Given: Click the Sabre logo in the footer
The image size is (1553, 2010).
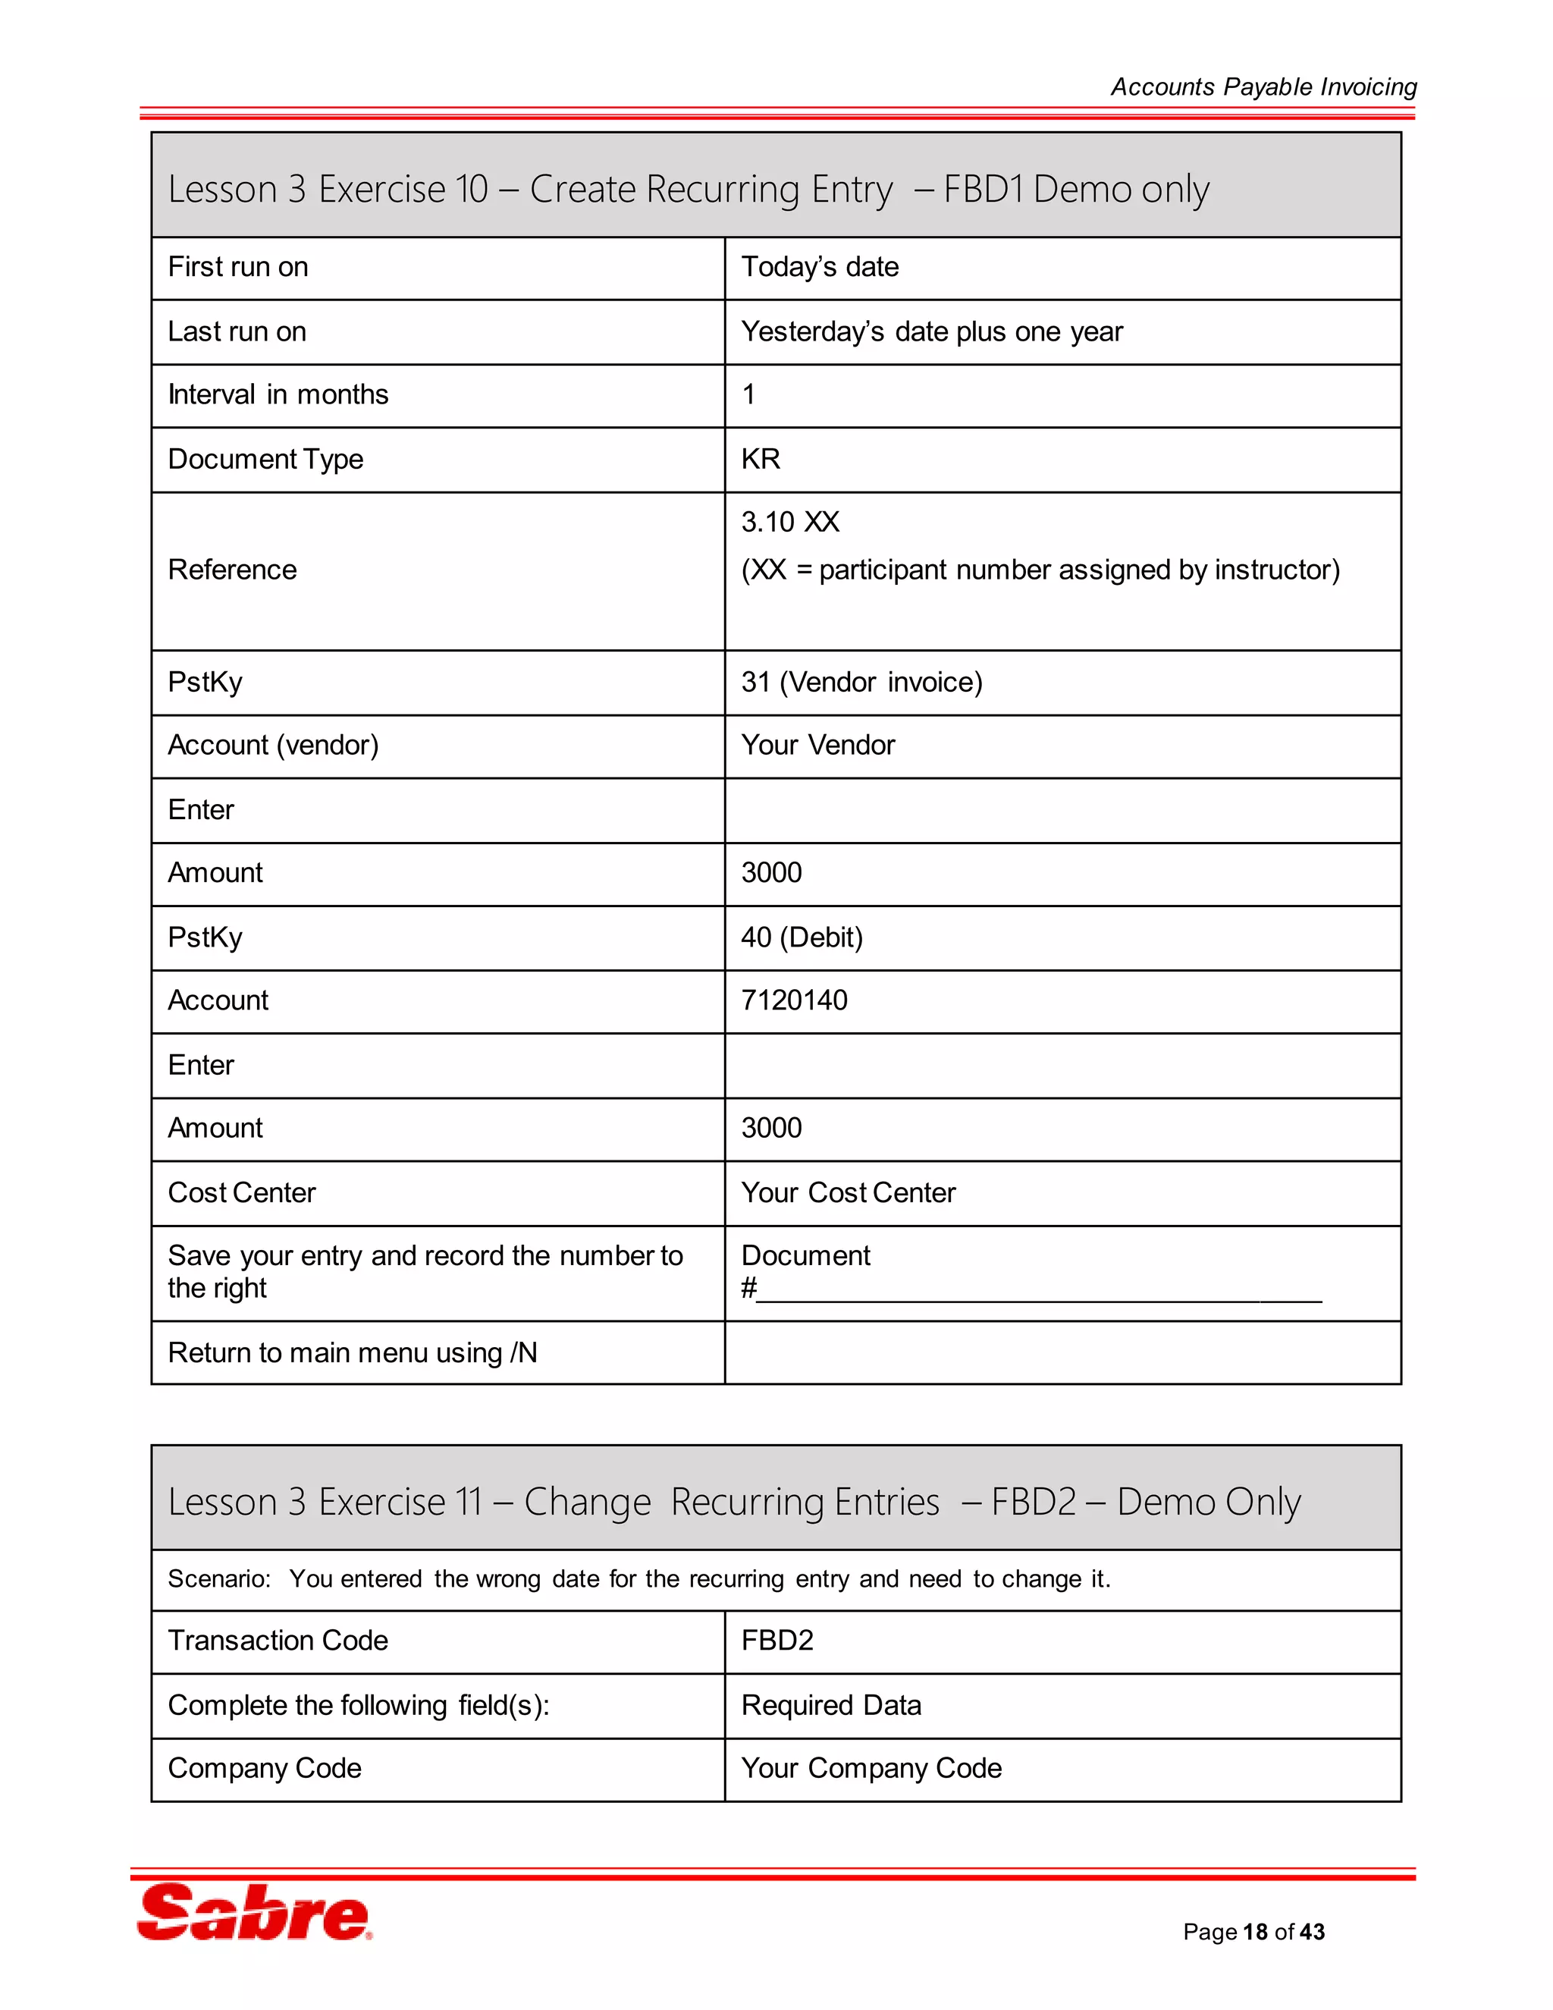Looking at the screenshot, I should click(254, 1912).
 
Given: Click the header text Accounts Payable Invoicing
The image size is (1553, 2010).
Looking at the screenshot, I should click(1263, 86).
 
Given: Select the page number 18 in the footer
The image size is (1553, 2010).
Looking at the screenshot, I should click(1255, 1932).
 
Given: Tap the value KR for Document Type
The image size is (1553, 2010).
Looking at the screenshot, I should click(760, 458).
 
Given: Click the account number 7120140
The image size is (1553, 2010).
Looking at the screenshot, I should click(794, 1000).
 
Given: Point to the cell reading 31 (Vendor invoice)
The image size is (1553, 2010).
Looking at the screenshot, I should click(861, 682).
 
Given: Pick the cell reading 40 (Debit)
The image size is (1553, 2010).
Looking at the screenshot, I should click(802, 937).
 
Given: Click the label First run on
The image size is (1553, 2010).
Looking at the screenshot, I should click(237, 267).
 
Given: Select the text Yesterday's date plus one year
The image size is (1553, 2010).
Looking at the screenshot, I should click(931, 331).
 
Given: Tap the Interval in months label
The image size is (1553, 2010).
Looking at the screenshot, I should click(278, 395).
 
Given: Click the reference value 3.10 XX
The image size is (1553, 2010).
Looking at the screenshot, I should click(789, 522).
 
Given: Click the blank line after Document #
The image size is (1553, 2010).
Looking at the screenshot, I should click(1038, 1290).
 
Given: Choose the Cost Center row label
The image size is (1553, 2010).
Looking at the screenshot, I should click(241, 1193).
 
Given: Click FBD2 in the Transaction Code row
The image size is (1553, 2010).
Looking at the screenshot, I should click(776, 1640).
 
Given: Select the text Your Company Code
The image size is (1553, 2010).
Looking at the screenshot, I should click(871, 1768).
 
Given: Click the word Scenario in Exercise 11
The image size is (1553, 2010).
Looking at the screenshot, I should click(218, 1579).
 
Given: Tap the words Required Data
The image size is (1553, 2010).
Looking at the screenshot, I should click(831, 1704).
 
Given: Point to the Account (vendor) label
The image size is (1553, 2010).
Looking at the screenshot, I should click(272, 745).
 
